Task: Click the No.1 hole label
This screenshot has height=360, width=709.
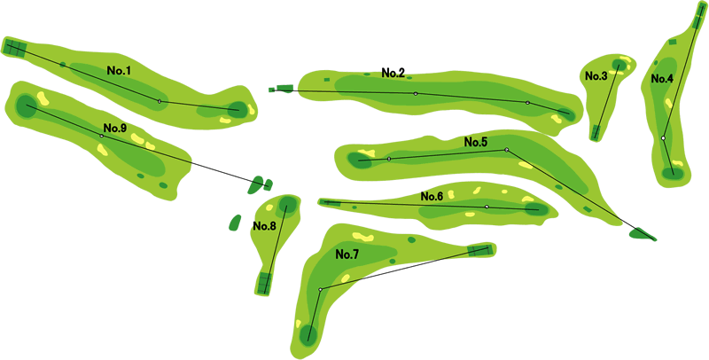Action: [119, 70]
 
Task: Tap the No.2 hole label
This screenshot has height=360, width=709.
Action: [393, 73]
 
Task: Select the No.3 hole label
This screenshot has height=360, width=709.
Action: [596, 76]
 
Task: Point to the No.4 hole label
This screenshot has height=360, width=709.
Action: [662, 79]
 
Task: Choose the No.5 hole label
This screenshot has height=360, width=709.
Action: [476, 143]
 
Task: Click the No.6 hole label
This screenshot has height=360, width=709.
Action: [432, 196]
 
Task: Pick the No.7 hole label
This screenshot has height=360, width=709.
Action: [347, 254]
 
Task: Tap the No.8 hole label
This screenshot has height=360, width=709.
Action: [264, 226]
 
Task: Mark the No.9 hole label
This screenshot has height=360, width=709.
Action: [114, 128]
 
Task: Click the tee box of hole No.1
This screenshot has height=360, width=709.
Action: [15, 48]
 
